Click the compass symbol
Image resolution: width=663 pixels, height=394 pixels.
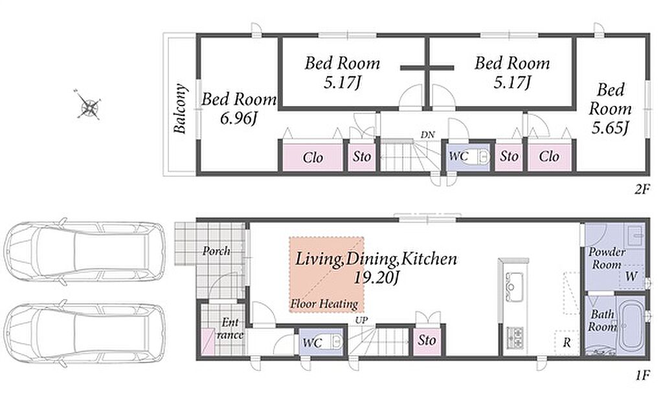pyautogui.click(x=89, y=104)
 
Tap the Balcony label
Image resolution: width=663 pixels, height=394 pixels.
pyautogui.click(x=181, y=109)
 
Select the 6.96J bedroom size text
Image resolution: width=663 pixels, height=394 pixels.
pyautogui.click(x=239, y=118)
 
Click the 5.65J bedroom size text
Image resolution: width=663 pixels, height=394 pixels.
pyautogui.click(x=611, y=127)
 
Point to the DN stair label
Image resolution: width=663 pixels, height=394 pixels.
pyautogui.click(x=427, y=135)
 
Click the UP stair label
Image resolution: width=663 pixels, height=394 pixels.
pyautogui.click(x=361, y=320)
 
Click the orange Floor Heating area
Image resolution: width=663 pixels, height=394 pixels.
pyautogui.click(x=326, y=274)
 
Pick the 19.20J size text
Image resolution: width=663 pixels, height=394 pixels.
pyautogui.click(x=376, y=278)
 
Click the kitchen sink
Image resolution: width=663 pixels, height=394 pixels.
pyautogui.click(x=513, y=287)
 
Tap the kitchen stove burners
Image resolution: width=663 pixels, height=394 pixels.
pyautogui.click(x=515, y=336)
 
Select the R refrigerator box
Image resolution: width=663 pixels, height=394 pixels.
pyautogui.click(x=567, y=342)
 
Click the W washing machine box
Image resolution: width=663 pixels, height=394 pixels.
pyautogui.click(x=631, y=277)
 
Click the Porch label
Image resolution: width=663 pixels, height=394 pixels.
pyautogui.click(x=216, y=251)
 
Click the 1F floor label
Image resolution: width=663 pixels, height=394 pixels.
pyautogui.click(x=642, y=375)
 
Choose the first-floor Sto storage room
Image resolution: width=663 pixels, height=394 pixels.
pyautogui.click(x=427, y=340)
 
